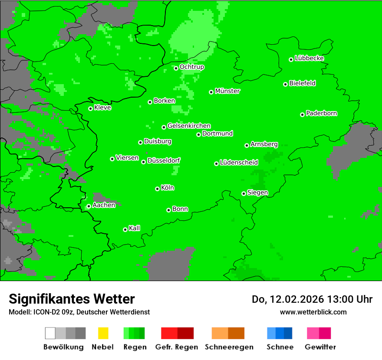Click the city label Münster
point(227,91)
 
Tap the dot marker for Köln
point(157,189)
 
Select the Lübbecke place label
point(309,58)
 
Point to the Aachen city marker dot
point(89,206)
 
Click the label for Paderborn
point(321,113)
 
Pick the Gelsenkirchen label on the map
point(189,126)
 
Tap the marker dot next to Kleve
point(90,108)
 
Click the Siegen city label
point(257,193)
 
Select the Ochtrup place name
point(191,67)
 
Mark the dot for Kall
point(125,229)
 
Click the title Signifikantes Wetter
point(72,299)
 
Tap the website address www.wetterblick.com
point(313,312)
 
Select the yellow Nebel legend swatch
point(103,333)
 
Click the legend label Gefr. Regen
point(177,347)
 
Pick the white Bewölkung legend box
point(50,333)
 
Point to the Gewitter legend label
point(320,347)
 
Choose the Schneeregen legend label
point(228,347)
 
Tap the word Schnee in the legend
point(280,347)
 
